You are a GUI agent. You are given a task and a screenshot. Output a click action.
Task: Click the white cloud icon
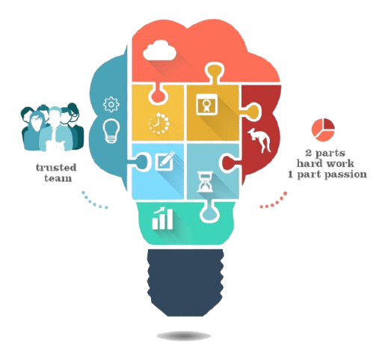pyautogui.click(x=160, y=51)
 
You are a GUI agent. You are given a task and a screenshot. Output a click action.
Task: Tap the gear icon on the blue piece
pyautogui.click(x=111, y=104)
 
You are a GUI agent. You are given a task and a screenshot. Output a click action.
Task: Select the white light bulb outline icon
pyautogui.click(x=111, y=130)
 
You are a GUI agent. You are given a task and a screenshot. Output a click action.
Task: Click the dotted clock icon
pyautogui.click(x=158, y=123)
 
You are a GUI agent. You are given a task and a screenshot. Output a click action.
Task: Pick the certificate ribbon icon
pyautogui.click(x=206, y=104)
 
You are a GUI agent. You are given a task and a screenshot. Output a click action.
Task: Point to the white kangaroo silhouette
pyautogui.click(x=259, y=140)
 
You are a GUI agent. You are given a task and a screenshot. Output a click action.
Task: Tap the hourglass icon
pyautogui.click(x=206, y=182)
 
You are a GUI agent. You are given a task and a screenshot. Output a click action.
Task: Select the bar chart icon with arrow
pyautogui.click(x=162, y=219)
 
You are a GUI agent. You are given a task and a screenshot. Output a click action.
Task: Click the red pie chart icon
pyautogui.click(x=323, y=129)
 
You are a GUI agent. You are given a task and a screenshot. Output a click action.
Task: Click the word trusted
pyautogui.click(x=56, y=168)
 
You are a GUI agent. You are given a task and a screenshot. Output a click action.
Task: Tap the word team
pyautogui.click(x=58, y=178)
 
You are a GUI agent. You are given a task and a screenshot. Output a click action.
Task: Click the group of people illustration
pyautogui.click(x=52, y=127)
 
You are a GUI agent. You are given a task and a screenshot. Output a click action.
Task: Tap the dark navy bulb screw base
pyautogui.click(x=185, y=283)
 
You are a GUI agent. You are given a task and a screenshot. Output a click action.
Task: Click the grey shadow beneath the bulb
pyautogui.click(x=184, y=336)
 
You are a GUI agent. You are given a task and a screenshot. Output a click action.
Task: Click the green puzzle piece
pyautogui.click(x=185, y=223)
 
